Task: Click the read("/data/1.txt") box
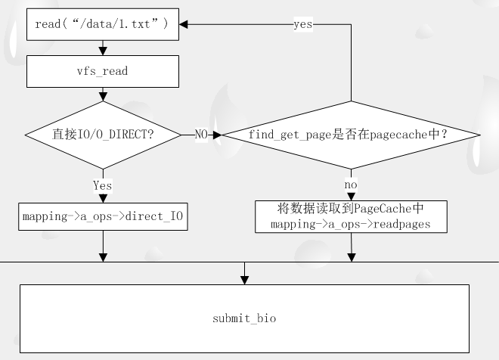pos(103,24)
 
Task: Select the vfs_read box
pos(103,71)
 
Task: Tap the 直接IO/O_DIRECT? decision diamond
pos(103,135)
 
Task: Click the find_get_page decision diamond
pos(350,135)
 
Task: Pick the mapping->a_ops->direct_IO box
pos(103,216)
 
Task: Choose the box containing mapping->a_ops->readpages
pos(351,216)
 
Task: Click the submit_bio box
pos(244,318)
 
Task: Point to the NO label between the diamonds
pos(202,135)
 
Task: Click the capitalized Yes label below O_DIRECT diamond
pos(102,185)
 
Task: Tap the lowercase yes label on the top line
pos(303,24)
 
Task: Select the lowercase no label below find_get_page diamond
pos(351,185)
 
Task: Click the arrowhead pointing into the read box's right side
pos(184,24)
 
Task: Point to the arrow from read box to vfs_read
pos(103,48)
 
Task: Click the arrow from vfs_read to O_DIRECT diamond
pos(103,95)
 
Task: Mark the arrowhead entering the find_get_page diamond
pos(216,135)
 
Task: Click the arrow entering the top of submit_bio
pos(244,273)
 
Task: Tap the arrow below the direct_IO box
pos(103,246)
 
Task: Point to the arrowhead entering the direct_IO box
pos(103,198)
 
